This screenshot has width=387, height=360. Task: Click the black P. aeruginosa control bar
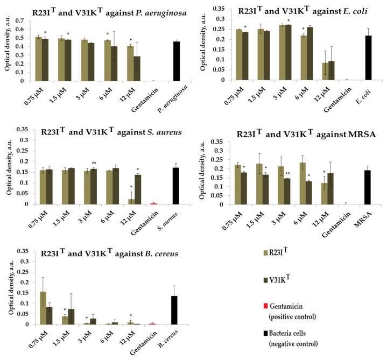(176, 61)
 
